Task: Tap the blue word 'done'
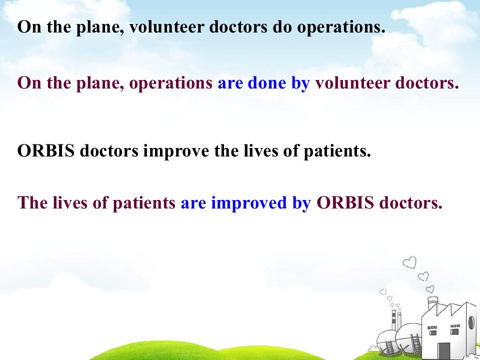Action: pos(267,83)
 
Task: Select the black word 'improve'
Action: pos(176,151)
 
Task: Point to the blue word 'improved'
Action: pos(249,203)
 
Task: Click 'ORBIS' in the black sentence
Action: pos(45,150)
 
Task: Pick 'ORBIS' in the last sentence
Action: pos(345,202)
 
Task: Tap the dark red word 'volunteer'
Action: pos(352,83)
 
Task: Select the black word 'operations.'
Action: pos(341,27)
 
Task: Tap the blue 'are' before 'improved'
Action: pos(193,204)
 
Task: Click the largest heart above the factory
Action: pos(409,262)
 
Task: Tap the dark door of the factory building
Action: pos(443,351)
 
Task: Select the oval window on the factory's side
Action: pos(471,322)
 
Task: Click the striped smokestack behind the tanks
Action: pos(394,320)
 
